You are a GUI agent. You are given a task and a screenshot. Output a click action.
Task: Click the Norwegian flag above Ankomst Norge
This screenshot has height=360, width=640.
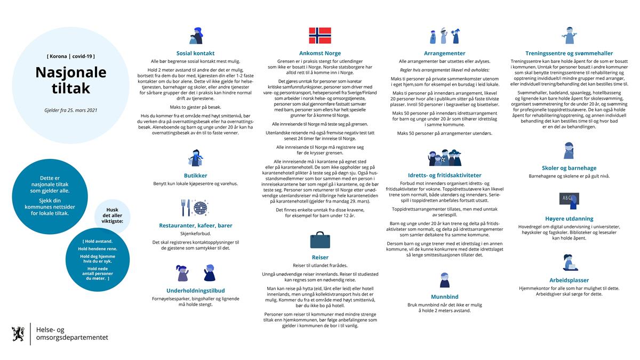[320, 35]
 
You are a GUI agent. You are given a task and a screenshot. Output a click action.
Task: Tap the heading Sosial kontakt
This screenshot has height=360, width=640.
[196, 53]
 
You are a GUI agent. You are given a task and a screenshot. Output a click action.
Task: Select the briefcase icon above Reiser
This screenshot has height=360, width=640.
[320, 239]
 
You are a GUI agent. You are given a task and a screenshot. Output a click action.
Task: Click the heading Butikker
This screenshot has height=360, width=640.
[195, 175]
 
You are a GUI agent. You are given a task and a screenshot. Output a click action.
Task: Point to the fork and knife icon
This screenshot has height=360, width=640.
[186, 207]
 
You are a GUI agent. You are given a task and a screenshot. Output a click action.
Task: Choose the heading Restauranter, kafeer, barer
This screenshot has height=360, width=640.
[196, 226]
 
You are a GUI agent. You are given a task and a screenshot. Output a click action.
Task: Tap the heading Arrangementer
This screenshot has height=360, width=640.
[444, 53]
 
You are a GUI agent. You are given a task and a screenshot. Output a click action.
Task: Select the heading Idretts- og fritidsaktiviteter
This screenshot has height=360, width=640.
[444, 175]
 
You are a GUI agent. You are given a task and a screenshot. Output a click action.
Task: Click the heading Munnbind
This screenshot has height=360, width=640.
[445, 297]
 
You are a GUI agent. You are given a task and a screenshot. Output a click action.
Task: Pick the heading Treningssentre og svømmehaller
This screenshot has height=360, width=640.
[569, 53]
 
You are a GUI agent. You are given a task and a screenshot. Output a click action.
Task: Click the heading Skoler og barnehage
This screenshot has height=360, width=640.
[569, 167]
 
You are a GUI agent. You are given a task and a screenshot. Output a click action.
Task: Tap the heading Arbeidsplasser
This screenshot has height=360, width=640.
[569, 280]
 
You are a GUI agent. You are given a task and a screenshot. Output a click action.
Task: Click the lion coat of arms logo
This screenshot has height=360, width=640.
[18, 334]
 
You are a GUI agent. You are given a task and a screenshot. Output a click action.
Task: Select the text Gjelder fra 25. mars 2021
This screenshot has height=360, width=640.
[71, 110]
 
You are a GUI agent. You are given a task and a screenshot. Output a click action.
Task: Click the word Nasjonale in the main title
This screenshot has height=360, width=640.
[71, 73]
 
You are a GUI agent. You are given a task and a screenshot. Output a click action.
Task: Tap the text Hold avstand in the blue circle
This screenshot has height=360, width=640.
[98, 241]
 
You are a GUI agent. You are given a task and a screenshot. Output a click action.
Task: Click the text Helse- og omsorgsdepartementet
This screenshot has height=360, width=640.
[72, 334]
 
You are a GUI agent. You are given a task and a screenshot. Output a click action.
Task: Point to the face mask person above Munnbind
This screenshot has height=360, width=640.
[445, 279]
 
